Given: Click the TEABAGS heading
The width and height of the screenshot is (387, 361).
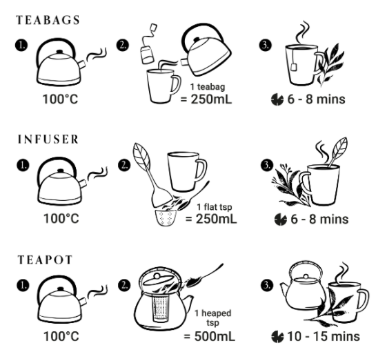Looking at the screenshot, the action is (x=48, y=20).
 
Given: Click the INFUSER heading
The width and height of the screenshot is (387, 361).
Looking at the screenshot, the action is (x=48, y=139).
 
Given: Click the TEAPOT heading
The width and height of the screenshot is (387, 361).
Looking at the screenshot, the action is (x=45, y=260).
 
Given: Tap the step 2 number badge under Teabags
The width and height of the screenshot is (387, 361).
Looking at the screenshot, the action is (x=123, y=45).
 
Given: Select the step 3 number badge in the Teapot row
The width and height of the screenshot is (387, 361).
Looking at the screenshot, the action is (x=267, y=286).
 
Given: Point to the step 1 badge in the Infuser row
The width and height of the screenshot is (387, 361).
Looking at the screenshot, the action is (x=23, y=165).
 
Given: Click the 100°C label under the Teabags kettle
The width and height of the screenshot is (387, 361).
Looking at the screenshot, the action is (x=60, y=99).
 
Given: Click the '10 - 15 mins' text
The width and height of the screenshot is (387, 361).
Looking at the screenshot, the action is (x=324, y=336).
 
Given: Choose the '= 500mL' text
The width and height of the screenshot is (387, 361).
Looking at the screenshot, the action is (x=210, y=336).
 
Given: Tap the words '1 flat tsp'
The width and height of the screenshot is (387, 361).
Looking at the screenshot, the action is (x=215, y=207).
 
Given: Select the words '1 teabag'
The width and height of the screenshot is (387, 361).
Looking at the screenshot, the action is (x=208, y=87).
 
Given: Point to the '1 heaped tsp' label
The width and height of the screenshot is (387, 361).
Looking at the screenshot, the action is (x=212, y=318).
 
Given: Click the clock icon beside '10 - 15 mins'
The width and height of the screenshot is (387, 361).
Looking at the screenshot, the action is (x=277, y=337).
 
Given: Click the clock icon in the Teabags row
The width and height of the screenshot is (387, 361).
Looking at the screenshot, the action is (x=277, y=99).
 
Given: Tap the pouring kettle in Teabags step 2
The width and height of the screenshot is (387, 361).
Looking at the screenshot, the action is (x=206, y=50).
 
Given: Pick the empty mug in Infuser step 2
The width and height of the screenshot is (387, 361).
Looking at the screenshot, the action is (x=187, y=172).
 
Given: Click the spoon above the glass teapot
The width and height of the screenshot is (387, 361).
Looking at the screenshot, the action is (x=205, y=276).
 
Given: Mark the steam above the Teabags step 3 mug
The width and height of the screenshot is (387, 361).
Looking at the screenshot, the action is (x=303, y=32).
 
